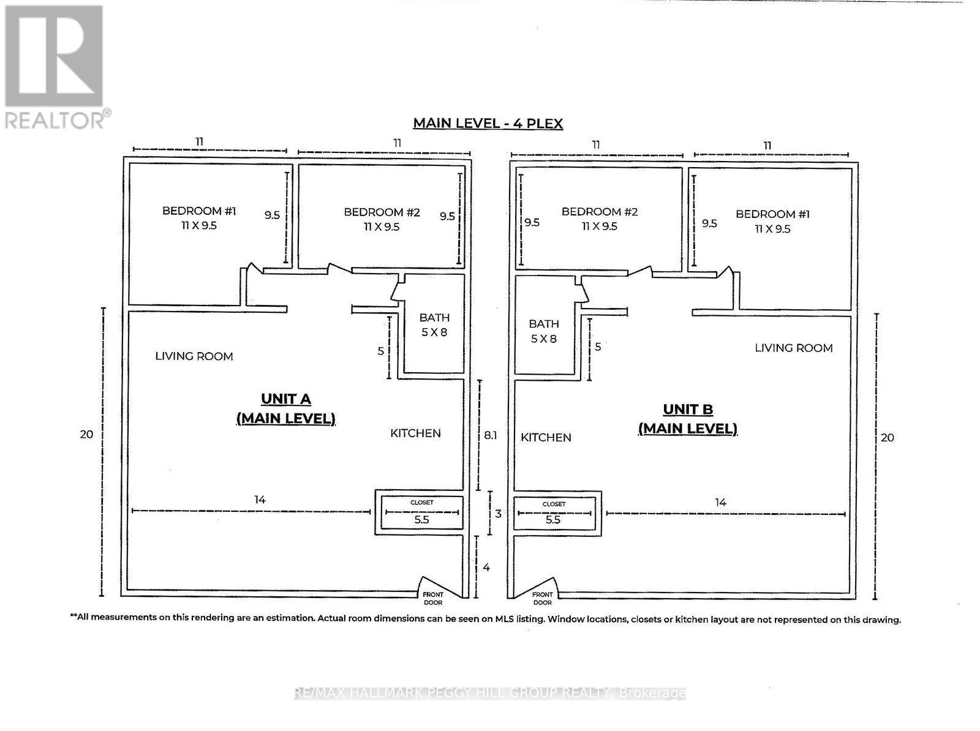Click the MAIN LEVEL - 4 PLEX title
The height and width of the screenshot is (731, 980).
point(488,123)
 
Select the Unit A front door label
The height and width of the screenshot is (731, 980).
point(432,598)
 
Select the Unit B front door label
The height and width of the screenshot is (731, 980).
point(542,598)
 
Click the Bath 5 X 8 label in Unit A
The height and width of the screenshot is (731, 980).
point(434,324)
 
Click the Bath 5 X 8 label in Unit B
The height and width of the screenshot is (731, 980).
point(544,331)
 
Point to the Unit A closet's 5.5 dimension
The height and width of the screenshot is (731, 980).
point(421,520)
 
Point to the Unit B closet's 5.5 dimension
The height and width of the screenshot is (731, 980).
point(552,520)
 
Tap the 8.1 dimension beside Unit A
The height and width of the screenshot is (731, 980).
point(490,435)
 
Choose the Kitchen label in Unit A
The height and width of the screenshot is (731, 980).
point(415,433)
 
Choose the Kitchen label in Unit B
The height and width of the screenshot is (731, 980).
point(546,437)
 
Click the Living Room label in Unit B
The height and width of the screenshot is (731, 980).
point(793,348)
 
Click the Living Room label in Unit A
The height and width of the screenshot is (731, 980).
point(194,356)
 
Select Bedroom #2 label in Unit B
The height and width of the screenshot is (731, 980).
point(600,219)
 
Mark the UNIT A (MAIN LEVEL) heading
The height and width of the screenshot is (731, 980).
point(286,408)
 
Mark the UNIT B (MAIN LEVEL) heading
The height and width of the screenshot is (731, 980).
point(688,419)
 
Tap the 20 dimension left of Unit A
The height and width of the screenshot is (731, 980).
point(86,434)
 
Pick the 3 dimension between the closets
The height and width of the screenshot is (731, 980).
point(499,514)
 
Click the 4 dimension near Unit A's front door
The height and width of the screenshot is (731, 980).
point(486,568)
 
